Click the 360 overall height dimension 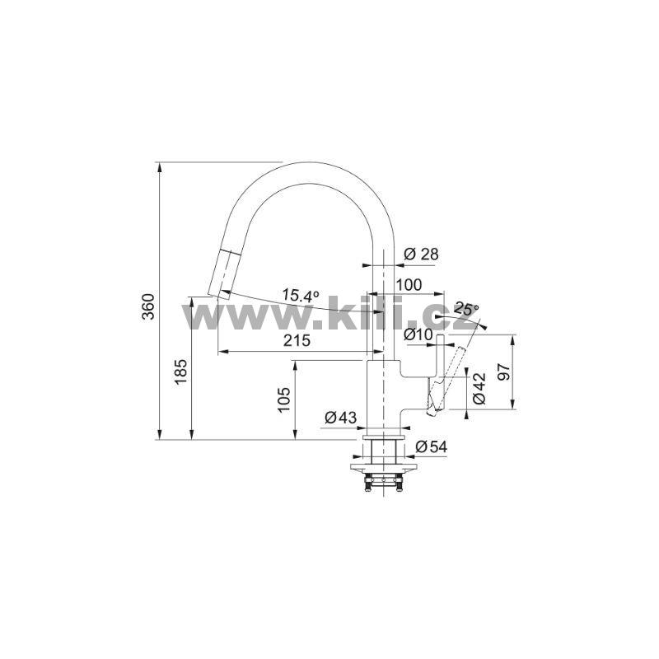148,306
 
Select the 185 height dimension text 180,372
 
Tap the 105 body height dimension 284,400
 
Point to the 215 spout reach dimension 297,340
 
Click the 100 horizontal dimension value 409,284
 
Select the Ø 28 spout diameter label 421,254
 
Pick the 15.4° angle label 300,295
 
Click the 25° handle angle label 466,309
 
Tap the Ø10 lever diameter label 418,334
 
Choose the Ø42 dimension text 479,388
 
